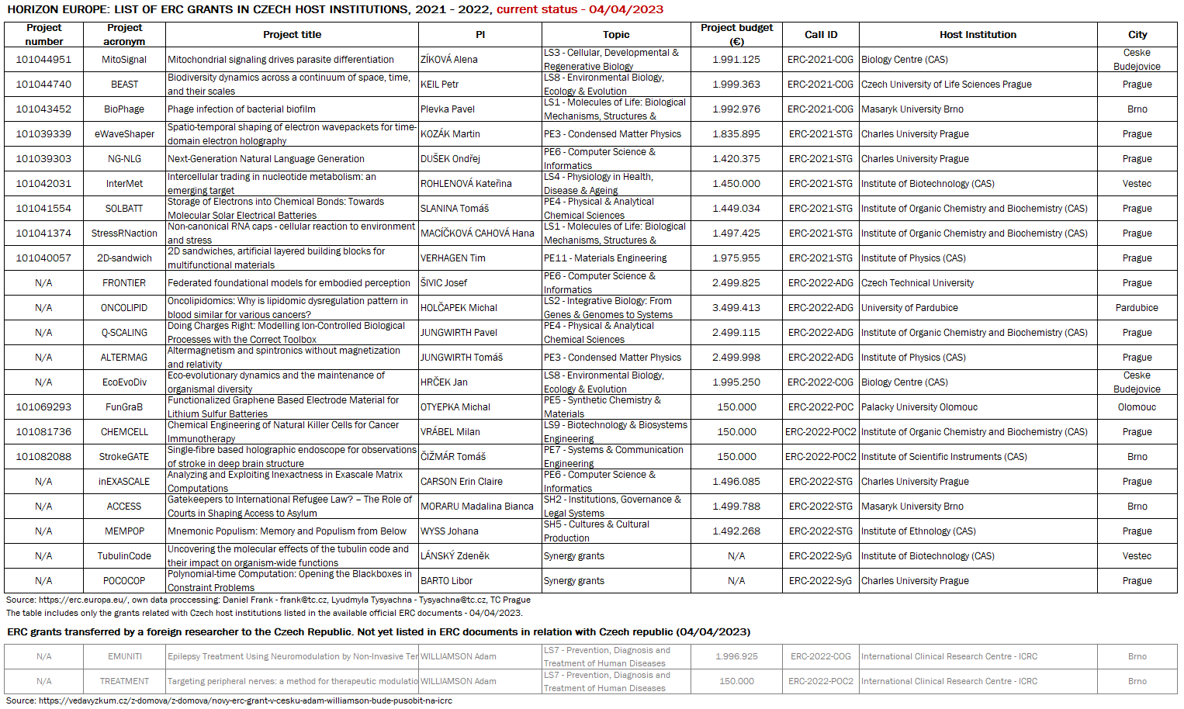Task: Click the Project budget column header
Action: [736, 34]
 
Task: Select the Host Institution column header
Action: [978, 34]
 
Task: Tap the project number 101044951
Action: [43, 60]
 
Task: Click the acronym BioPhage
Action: [124, 109]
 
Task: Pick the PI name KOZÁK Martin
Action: [450, 134]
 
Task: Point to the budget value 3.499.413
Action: [736, 308]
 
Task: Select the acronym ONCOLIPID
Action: [124, 308]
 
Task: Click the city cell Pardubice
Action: [1137, 308]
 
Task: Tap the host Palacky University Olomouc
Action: [919, 407]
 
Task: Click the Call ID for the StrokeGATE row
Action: [821, 457]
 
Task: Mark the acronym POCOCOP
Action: [124, 581]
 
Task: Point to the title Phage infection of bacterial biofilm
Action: [241, 109]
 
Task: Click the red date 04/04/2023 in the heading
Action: [626, 9]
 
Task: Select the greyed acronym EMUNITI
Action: [125, 656]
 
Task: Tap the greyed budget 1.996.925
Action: [736, 656]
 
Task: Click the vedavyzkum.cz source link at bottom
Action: [245, 700]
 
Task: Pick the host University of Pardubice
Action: [909, 308]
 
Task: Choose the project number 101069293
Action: [43, 407]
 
